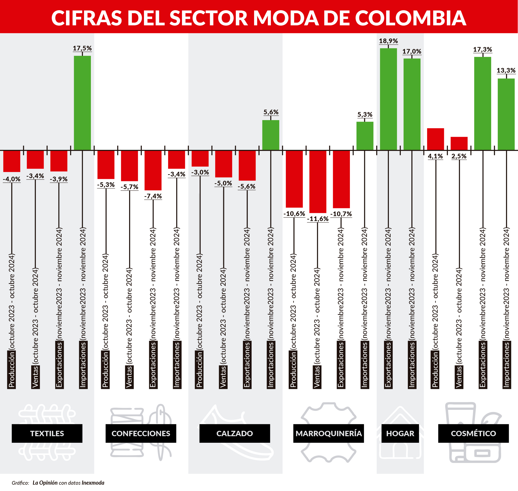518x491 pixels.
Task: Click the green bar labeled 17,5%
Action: point(82,103)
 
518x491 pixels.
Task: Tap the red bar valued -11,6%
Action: point(317,182)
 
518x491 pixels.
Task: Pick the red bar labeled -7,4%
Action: point(153,170)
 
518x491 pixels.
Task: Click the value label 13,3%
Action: point(506,70)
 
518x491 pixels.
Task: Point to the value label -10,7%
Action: point(341,214)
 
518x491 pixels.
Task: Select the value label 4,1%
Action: point(435,156)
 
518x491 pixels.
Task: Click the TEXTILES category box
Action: point(47,433)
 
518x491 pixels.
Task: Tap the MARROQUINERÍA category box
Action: point(328,433)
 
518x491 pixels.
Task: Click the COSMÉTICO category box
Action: point(473,433)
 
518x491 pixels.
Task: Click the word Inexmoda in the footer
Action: point(93,483)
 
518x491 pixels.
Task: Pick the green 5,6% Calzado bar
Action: point(271,135)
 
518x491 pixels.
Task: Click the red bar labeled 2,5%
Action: point(459,144)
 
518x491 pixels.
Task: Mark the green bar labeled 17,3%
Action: point(482,103)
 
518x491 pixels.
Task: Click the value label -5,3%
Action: point(106,185)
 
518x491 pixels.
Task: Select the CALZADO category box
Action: point(235,433)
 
